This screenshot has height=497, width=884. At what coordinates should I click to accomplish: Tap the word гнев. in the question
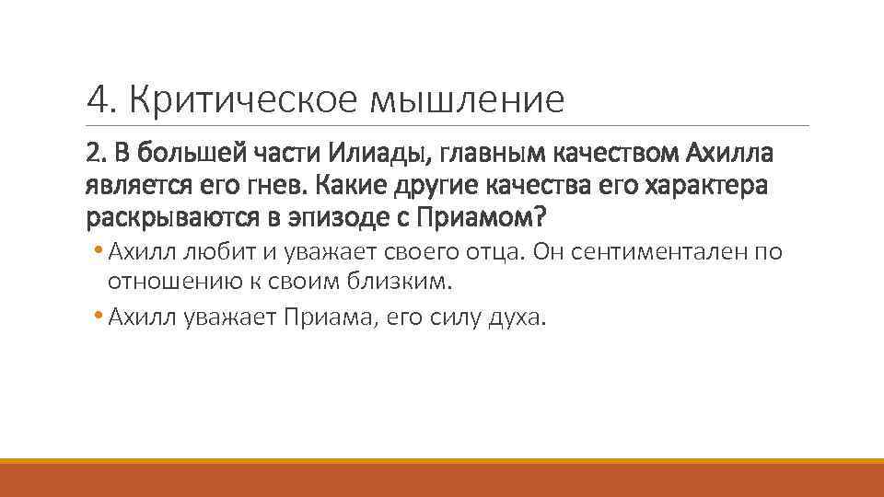(275, 185)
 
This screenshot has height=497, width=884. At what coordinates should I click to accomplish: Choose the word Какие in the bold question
(348, 185)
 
